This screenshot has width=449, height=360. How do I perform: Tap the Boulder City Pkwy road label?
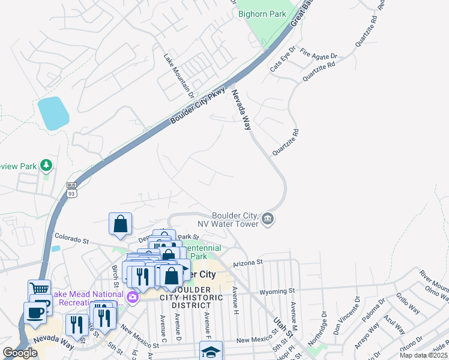click(197, 106)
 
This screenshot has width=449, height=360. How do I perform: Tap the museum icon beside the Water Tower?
click(268, 220)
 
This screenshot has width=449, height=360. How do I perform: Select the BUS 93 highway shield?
click(72, 189)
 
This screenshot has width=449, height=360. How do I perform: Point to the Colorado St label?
click(71, 240)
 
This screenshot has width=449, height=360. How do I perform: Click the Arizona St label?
click(248, 262)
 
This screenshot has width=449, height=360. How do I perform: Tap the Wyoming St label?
click(276, 292)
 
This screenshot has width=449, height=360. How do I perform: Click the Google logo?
click(20, 353)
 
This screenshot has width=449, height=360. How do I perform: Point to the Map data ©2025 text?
click(423, 355)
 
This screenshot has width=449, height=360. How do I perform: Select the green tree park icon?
click(46, 165)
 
